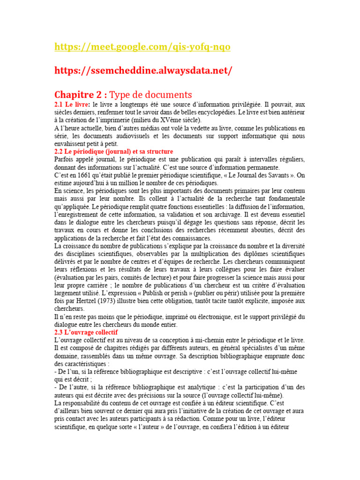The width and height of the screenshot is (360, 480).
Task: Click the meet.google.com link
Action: pyautogui.click(x=142, y=47)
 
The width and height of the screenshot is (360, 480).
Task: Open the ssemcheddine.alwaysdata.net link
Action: pyautogui.click(x=143, y=70)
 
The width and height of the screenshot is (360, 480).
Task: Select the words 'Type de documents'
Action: pyautogui.click(x=150, y=94)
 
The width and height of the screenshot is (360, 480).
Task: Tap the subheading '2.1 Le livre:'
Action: pyautogui.click(x=73, y=105)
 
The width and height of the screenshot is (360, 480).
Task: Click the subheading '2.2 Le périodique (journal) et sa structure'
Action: pyautogui.click(x=114, y=151)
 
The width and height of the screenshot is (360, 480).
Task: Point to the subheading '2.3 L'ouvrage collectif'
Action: pyautogui.click(x=86, y=332)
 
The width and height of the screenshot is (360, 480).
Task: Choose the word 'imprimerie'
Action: pyautogui.click(x=105, y=120)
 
